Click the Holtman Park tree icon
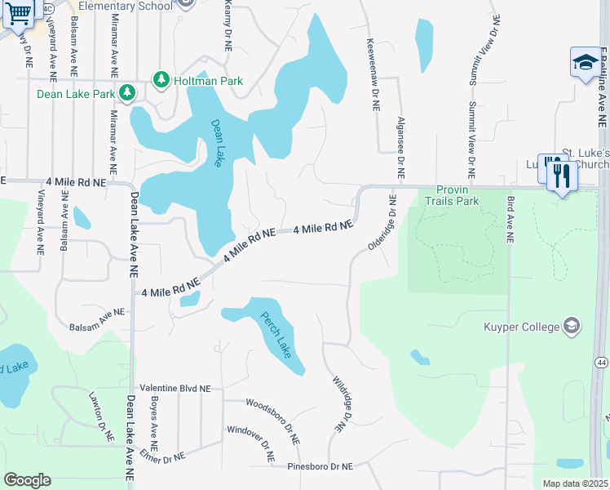(161, 80)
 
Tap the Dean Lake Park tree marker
(126, 93)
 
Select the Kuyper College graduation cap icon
(572, 327)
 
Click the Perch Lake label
(276, 336)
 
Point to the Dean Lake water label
(218, 144)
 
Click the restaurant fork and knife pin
(561, 175)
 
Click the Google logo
(27, 480)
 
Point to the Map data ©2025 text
(575, 483)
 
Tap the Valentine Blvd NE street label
(175, 389)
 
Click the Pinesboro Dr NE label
(320, 466)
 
